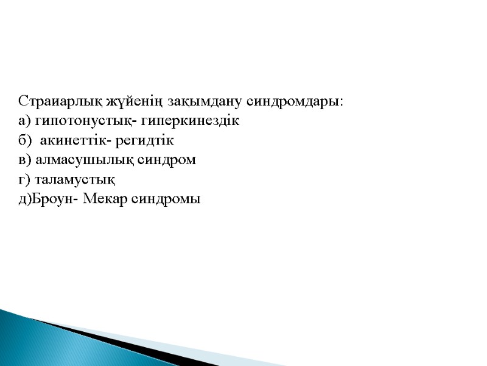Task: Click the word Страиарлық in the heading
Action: pos(61,101)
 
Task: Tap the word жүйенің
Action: pos(126,101)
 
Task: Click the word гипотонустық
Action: pos(75,121)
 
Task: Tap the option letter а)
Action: pos(24,121)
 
